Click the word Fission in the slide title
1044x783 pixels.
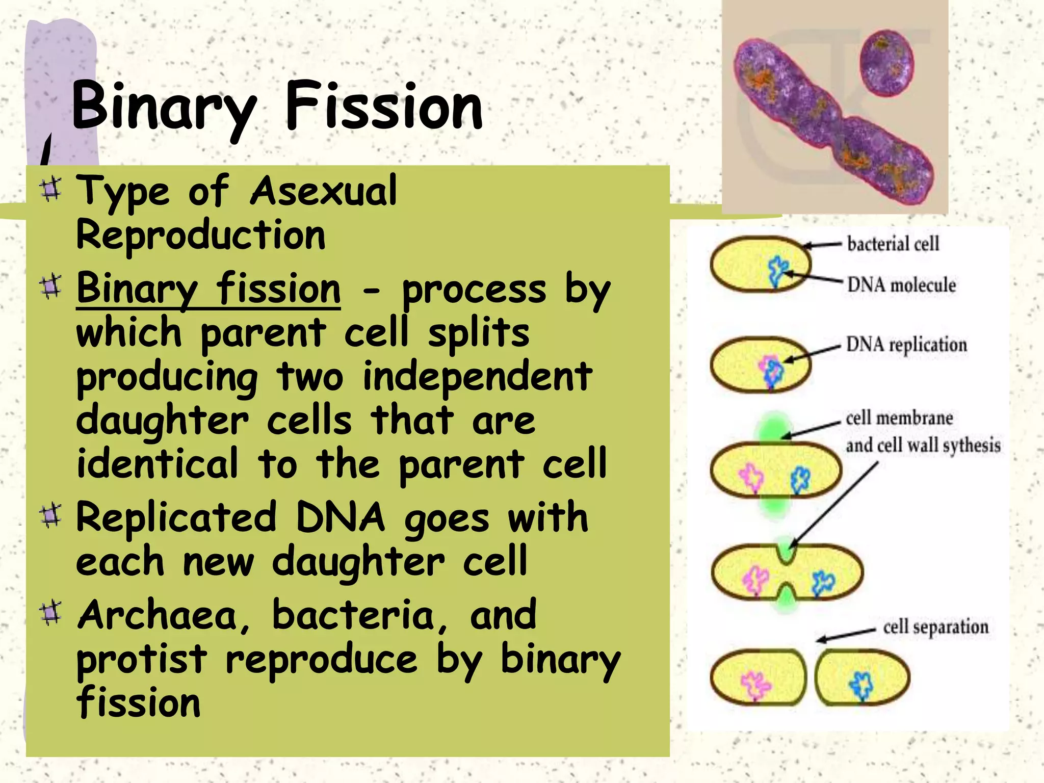tap(383, 107)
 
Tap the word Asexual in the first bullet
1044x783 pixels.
tap(323, 191)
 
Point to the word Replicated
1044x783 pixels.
tap(176, 518)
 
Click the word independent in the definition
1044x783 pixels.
tap(477, 376)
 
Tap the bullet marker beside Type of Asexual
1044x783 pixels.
tap(50, 190)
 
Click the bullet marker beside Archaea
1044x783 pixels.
tap(50, 613)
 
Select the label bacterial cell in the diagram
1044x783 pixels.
tap(893, 244)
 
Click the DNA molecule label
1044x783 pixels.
tap(901, 285)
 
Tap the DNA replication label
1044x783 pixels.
tap(906, 345)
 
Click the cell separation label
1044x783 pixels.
tap(935, 627)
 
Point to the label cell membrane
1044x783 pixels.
tap(899, 418)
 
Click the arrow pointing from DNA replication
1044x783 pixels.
tap(813, 353)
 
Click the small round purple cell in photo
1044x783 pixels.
tap(887, 63)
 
